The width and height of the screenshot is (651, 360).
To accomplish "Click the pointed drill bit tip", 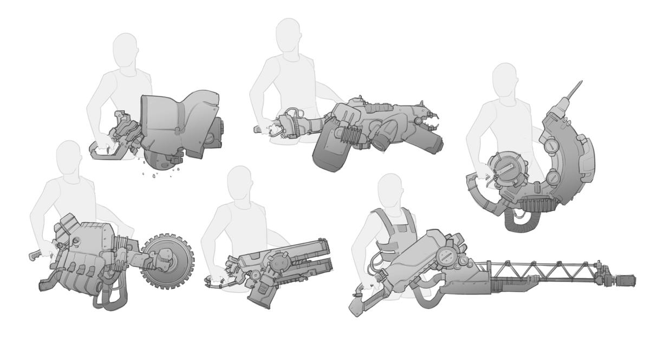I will tap(580, 83).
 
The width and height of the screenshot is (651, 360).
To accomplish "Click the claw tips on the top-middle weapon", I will tap(431, 122).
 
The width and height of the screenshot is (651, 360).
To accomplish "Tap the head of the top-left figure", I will tap(126, 50).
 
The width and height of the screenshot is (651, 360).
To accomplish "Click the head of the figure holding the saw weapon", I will tap(69, 157).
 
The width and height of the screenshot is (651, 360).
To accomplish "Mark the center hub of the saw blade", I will tap(167, 261).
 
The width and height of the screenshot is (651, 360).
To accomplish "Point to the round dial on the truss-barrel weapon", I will tap(447, 257).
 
